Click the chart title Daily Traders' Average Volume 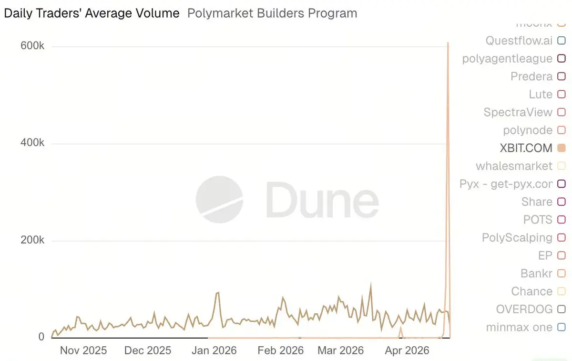[92, 13]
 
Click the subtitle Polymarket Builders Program [272, 13]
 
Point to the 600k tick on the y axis [32, 46]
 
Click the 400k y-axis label [32, 143]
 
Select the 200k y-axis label [32, 240]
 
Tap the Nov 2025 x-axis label [83, 350]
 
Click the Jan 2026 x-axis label [214, 350]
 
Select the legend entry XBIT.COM [526, 148]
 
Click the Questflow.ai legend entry [519, 41]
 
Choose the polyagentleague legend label [507, 59]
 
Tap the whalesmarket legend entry [514, 166]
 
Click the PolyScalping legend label [517, 238]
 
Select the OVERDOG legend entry [524, 309]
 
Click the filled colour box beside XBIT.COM [561, 148]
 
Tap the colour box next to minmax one [561, 328]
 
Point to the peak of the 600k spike [448, 43]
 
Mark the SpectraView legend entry [518, 112]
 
